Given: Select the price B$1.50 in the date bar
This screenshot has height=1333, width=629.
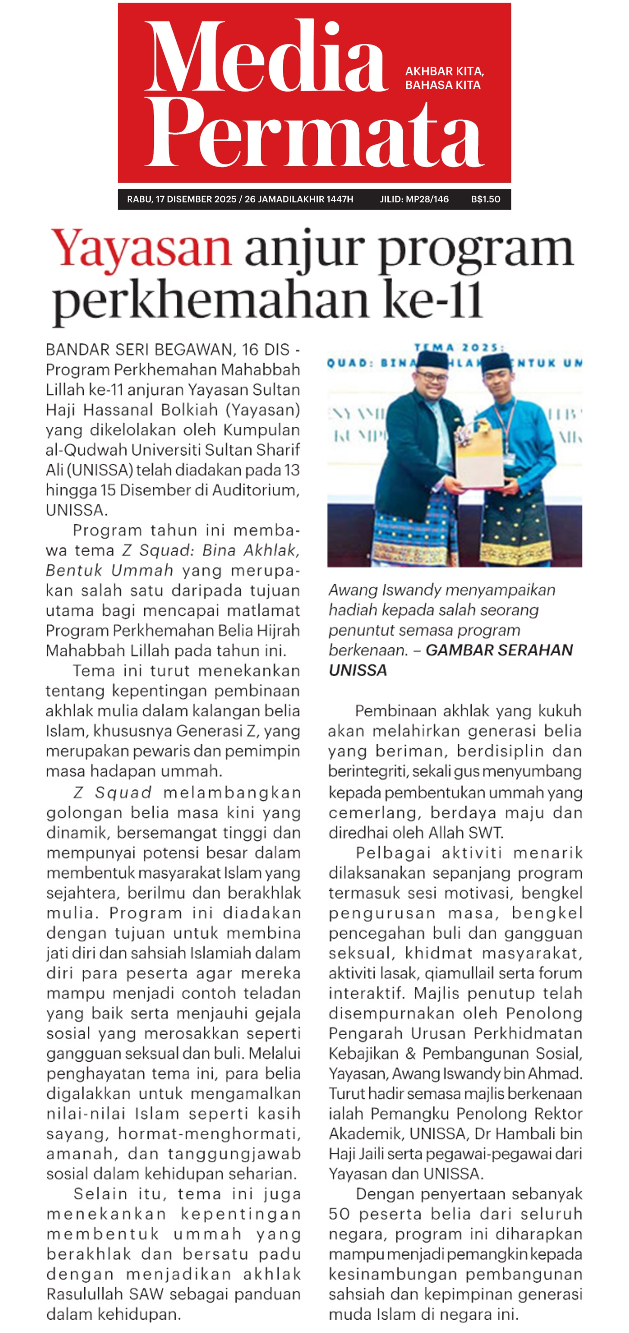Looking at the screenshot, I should click(485, 199).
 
